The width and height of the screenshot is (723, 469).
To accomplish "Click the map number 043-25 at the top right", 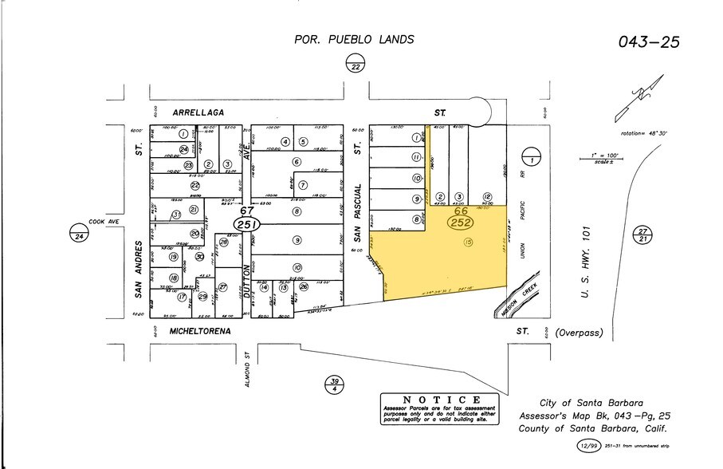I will pyautogui.click(x=648, y=41).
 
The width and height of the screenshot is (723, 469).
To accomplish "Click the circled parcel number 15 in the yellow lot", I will pyautogui.click(x=468, y=242).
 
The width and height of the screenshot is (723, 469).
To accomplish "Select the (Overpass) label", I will pyautogui.click(x=579, y=332).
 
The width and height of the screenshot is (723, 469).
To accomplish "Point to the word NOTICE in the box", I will pyautogui.click(x=441, y=400).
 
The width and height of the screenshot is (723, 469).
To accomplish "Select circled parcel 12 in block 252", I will pyautogui.click(x=486, y=197).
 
